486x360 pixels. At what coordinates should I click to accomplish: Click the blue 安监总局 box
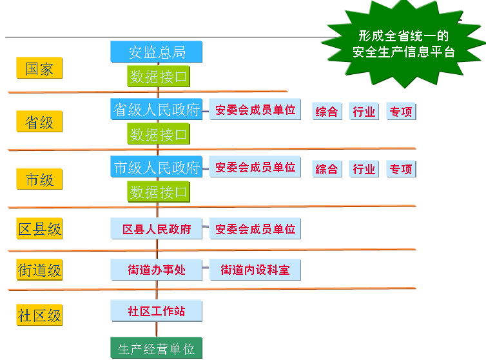[x=157, y=52]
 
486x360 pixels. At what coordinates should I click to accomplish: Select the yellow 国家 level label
[x=39, y=68]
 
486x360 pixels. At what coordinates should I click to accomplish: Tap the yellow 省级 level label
[x=39, y=121]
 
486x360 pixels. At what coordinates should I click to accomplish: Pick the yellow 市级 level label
[x=39, y=180]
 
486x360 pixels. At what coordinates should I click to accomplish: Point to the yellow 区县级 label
[x=39, y=228]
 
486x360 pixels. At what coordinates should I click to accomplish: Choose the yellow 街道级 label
[x=39, y=270]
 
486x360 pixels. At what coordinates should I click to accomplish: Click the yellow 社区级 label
[x=39, y=315]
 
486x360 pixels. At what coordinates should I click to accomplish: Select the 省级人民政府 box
[x=157, y=110]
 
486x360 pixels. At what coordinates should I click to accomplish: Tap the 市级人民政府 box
[x=157, y=167]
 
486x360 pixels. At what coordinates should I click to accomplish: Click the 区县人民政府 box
[x=157, y=229]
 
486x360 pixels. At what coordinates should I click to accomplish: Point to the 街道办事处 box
[x=157, y=270]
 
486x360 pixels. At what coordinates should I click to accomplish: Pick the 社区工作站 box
[x=157, y=311]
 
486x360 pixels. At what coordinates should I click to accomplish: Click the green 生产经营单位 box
[x=157, y=349]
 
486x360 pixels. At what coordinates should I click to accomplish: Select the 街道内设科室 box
[x=255, y=270]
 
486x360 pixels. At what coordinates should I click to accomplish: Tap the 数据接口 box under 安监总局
[x=159, y=77]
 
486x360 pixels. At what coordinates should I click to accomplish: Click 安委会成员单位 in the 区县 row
[x=255, y=229]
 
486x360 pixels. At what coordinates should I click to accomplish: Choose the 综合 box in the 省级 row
[x=327, y=111]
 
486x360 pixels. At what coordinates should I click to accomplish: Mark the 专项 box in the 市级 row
[x=400, y=169]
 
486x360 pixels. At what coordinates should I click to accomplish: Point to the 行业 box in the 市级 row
[x=364, y=169]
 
